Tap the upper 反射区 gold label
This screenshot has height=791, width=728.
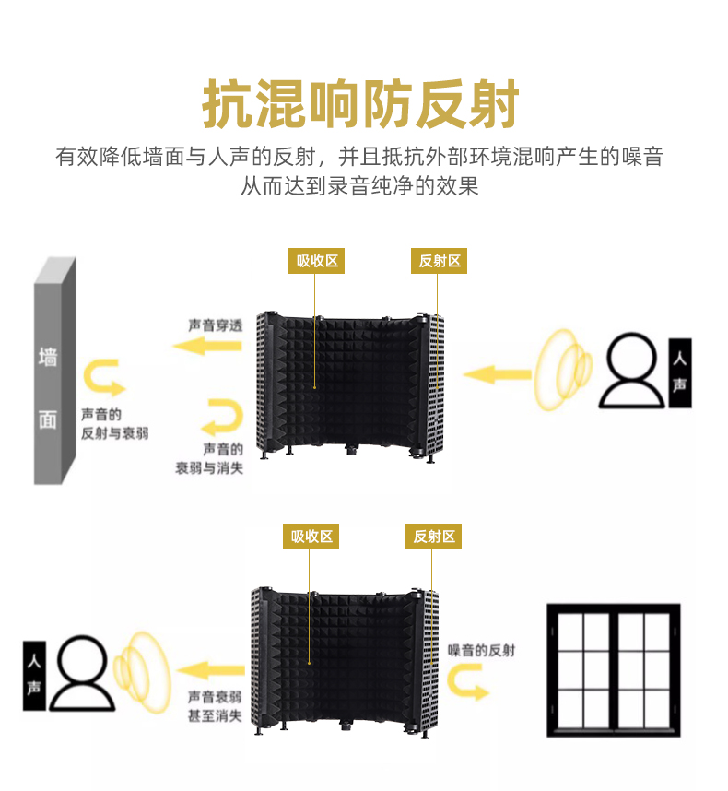coord(439,261)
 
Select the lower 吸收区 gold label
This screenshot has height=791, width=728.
coord(311,537)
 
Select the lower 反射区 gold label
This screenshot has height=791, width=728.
coord(433,537)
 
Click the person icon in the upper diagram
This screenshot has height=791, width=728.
coord(632,371)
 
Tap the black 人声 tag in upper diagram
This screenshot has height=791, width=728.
coord(679,372)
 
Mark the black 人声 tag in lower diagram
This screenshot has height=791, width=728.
coord(33,675)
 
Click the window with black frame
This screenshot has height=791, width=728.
coord(612,670)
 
